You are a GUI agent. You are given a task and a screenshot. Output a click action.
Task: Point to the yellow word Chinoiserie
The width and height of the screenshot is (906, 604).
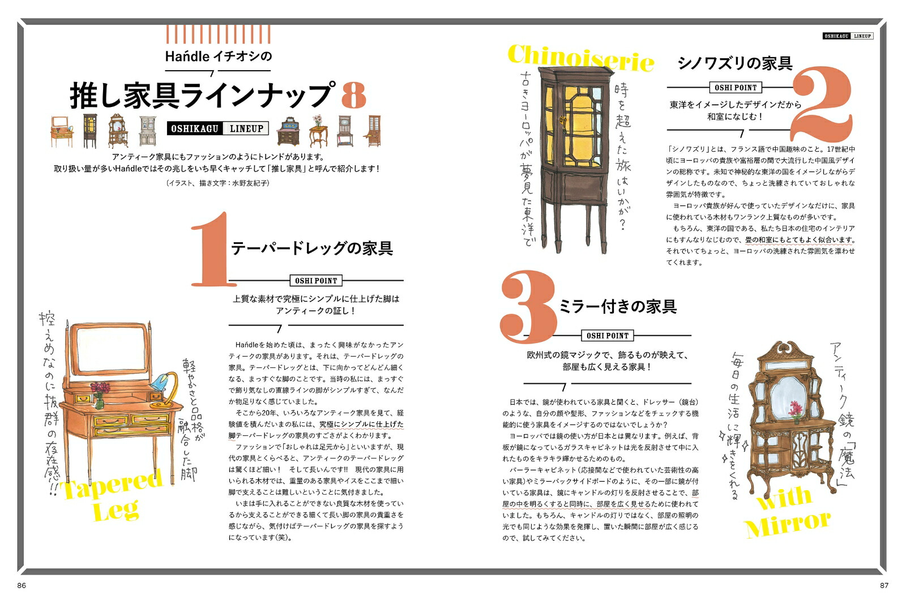coord(580,58)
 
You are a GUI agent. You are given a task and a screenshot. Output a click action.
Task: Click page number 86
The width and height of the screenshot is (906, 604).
coord(22,585)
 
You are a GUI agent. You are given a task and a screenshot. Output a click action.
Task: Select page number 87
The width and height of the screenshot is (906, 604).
coord(884,585)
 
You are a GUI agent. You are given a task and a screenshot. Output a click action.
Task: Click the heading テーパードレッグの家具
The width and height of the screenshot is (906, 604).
coord(312,248)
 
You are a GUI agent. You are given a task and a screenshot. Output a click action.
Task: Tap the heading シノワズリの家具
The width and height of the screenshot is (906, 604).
coord(735,63)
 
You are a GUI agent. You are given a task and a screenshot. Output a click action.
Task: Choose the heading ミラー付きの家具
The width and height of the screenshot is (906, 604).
coord(617,306)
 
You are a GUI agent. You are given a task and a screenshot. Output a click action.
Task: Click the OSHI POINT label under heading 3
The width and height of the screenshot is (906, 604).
coord(607,336)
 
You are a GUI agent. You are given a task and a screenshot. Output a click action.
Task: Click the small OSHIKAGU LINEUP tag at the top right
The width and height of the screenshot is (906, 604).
coord(848,36)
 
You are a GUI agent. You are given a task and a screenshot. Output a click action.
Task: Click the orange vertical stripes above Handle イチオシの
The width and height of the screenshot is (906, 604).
coord(218,34)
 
